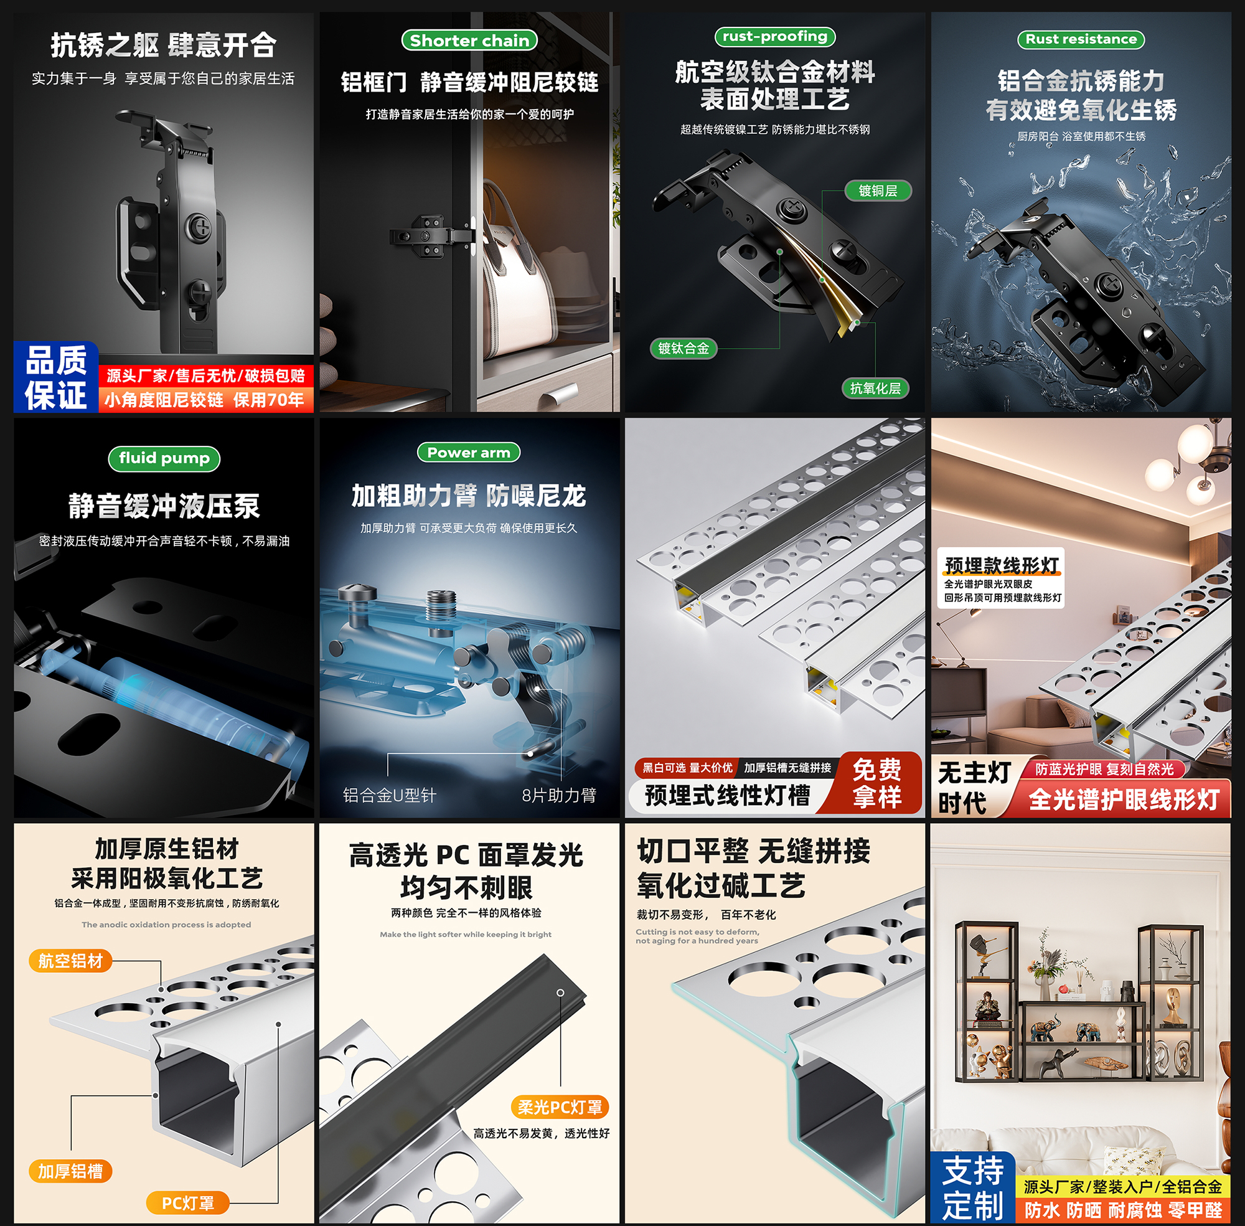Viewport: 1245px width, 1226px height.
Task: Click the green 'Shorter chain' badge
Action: pyautogui.click(x=469, y=40)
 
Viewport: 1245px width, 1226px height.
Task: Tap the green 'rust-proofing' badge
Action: pyautogui.click(x=774, y=37)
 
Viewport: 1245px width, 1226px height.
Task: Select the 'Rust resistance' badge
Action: pyautogui.click(x=1081, y=39)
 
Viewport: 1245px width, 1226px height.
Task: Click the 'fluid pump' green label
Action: pyautogui.click(x=164, y=458)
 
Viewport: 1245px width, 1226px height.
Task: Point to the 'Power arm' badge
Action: pyautogui.click(x=469, y=453)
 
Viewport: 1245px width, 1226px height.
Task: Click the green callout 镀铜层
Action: pyautogui.click(x=878, y=191)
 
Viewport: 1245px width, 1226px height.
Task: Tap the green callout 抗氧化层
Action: pyautogui.click(x=875, y=389)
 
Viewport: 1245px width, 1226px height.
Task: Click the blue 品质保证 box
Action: pyautogui.click(x=55, y=377)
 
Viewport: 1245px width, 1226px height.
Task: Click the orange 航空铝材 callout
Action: pyautogui.click(x=70, y=961)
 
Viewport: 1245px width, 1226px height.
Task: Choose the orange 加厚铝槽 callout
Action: pyautogui.click(x=70, y=1171)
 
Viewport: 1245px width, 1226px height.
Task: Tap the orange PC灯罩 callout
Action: pyautogui.click(x=187, y=1203)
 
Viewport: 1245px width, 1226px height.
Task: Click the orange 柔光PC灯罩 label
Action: pyautogui.click(x=560, y=1107)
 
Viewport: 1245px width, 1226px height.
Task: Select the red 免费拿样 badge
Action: pyautogui.click(x=876, y=783)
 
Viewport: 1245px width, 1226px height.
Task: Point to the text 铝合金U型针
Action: pyautogui.click(x=389, y=795)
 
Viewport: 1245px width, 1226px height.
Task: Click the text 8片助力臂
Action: pyautogui.click(x=559, y=795)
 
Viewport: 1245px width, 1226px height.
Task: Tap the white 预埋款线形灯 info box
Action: pyautogui.click(x=1001, y=578)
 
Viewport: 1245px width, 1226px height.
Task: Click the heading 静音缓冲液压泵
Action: pyautogui.click(x=164, y=506)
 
